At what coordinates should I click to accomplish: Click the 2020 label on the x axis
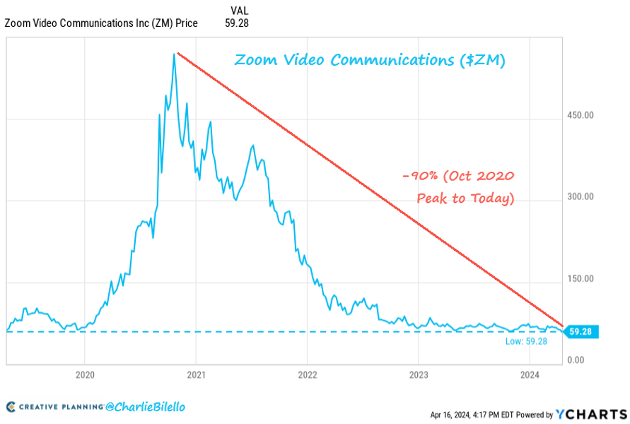[x=84, y=375]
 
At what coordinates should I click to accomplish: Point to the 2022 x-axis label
[x=308, y=375]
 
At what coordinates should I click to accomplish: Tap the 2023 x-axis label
[x=419, y=375]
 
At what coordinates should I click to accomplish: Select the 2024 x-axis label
[x=530, y=375]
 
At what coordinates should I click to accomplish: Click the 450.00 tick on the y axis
[x=579, y=115]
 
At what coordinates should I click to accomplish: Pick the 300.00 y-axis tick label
[x=579, y=197]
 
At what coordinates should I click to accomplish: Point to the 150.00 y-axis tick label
[x=579, y=279]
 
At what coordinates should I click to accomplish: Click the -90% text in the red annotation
[x=416, y=177]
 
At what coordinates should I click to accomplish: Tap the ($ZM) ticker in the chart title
[x=482, y=60]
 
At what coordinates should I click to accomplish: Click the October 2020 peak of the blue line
[x=174, y=54]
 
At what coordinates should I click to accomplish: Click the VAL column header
[x=239, y=10]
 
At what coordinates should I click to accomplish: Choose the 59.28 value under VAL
[x=237, y=23]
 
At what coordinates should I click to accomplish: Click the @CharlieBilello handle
[x=146, y=407]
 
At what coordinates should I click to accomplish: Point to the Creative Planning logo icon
[x=11, y=407]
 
